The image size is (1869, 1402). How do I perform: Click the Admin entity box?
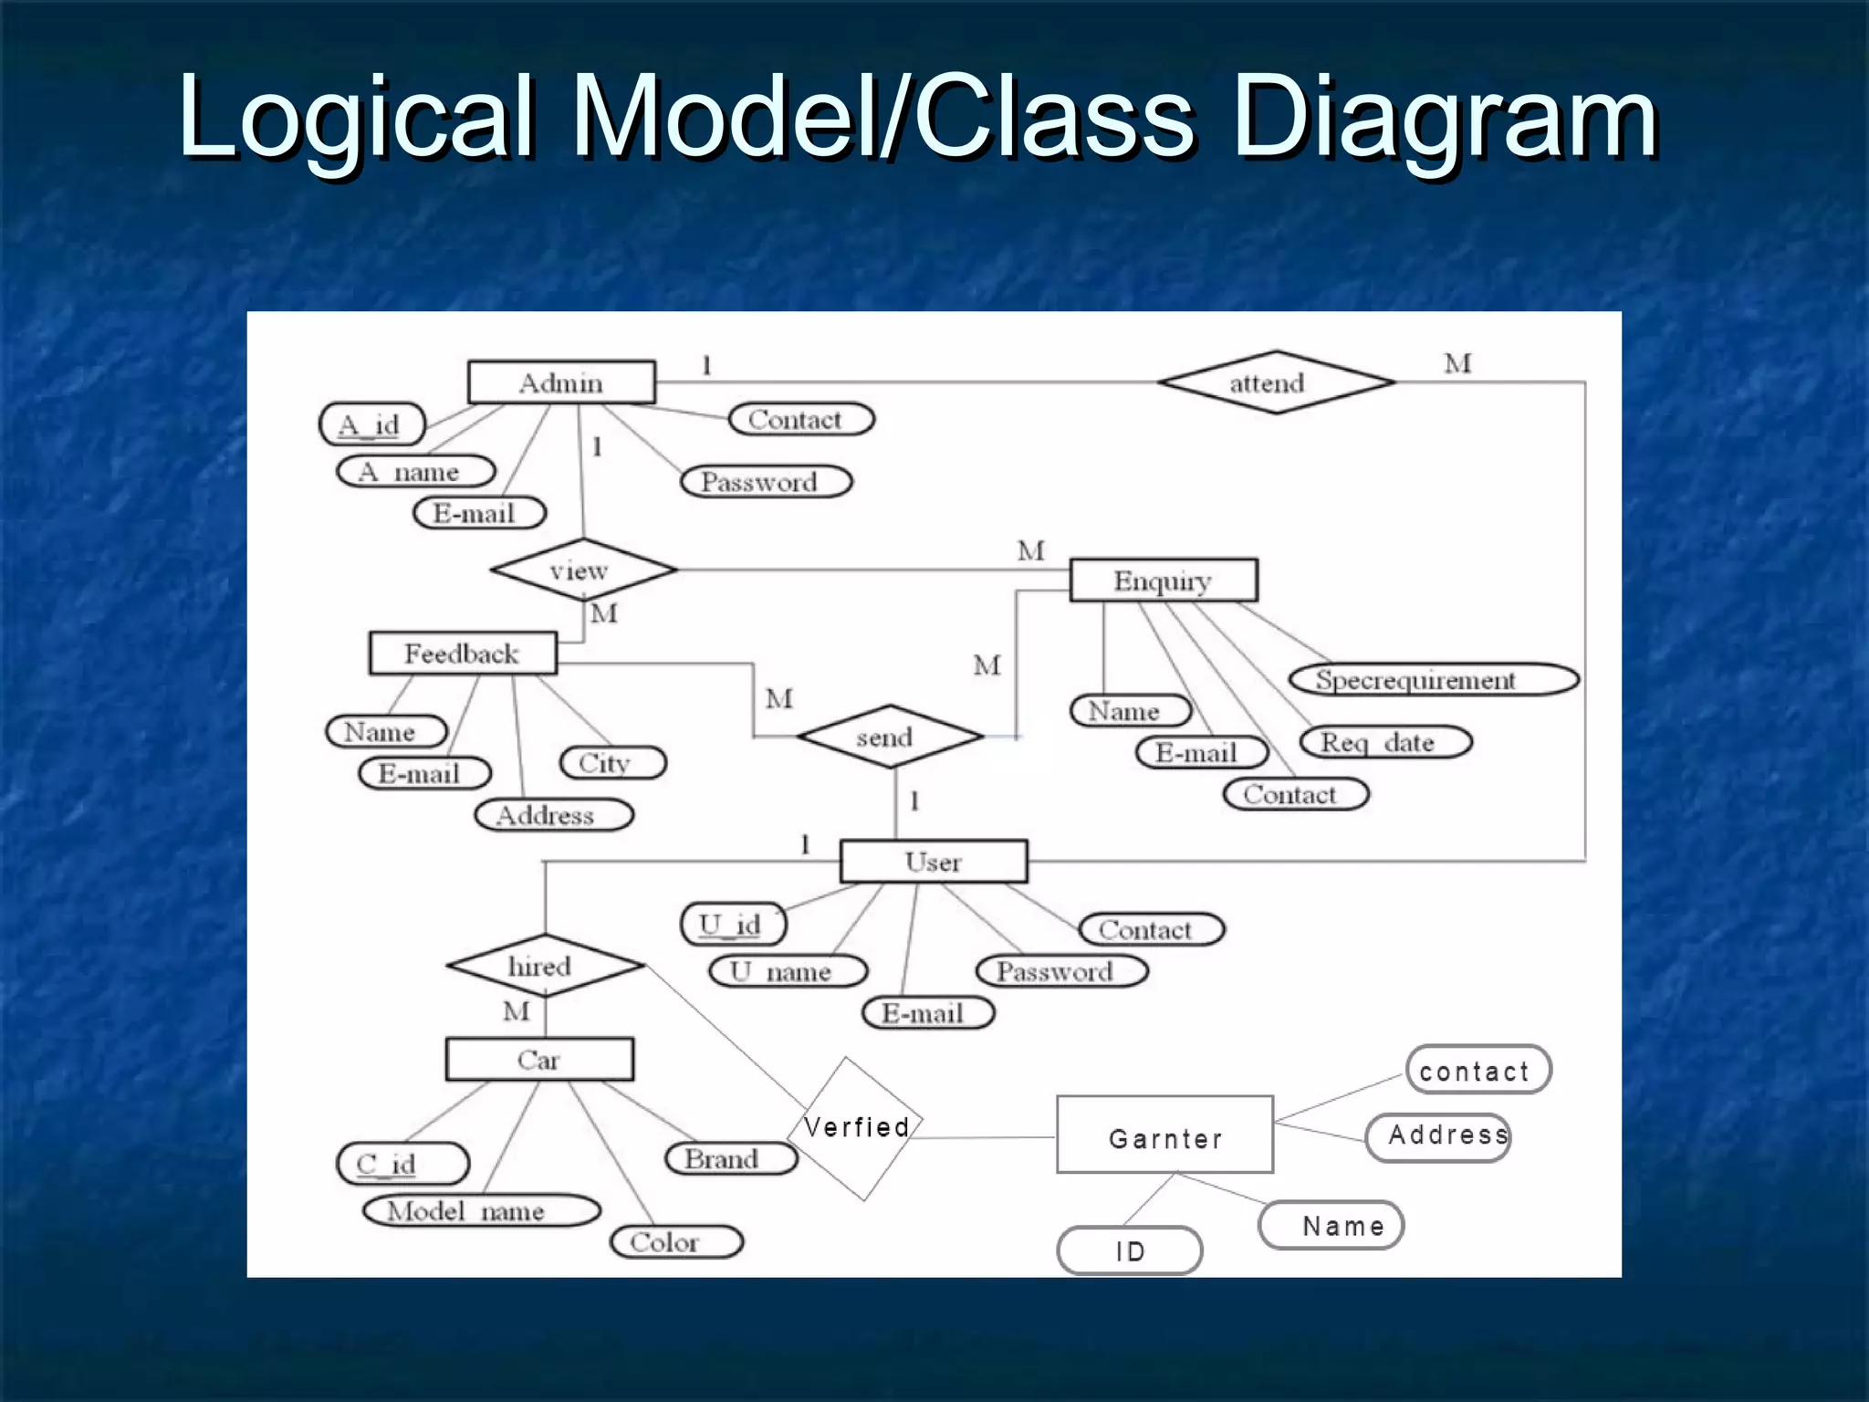pos(561,382)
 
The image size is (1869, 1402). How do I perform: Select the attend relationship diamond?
pos(1275,382)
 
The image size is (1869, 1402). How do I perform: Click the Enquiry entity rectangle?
pos(1163,581)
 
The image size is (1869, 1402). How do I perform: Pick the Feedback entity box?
pos(463,654)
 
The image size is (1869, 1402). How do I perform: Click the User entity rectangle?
pos(933,862)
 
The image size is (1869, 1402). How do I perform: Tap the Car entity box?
pos(539,1060)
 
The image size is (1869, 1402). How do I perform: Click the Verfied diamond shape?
pos(855,1128)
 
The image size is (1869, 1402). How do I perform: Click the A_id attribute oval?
pos(371,424)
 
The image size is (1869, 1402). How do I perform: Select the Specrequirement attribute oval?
pos(1433,680)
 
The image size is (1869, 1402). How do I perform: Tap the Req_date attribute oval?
pos(1385,742)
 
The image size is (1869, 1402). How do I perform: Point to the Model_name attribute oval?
pos(481,1211)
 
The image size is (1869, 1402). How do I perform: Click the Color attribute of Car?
pos(676,1242)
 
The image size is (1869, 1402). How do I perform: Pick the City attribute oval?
pos(612,762)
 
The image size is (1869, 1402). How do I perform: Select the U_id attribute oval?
pos(733,925)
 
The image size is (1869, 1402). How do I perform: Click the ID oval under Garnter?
pos(1129,1250)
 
